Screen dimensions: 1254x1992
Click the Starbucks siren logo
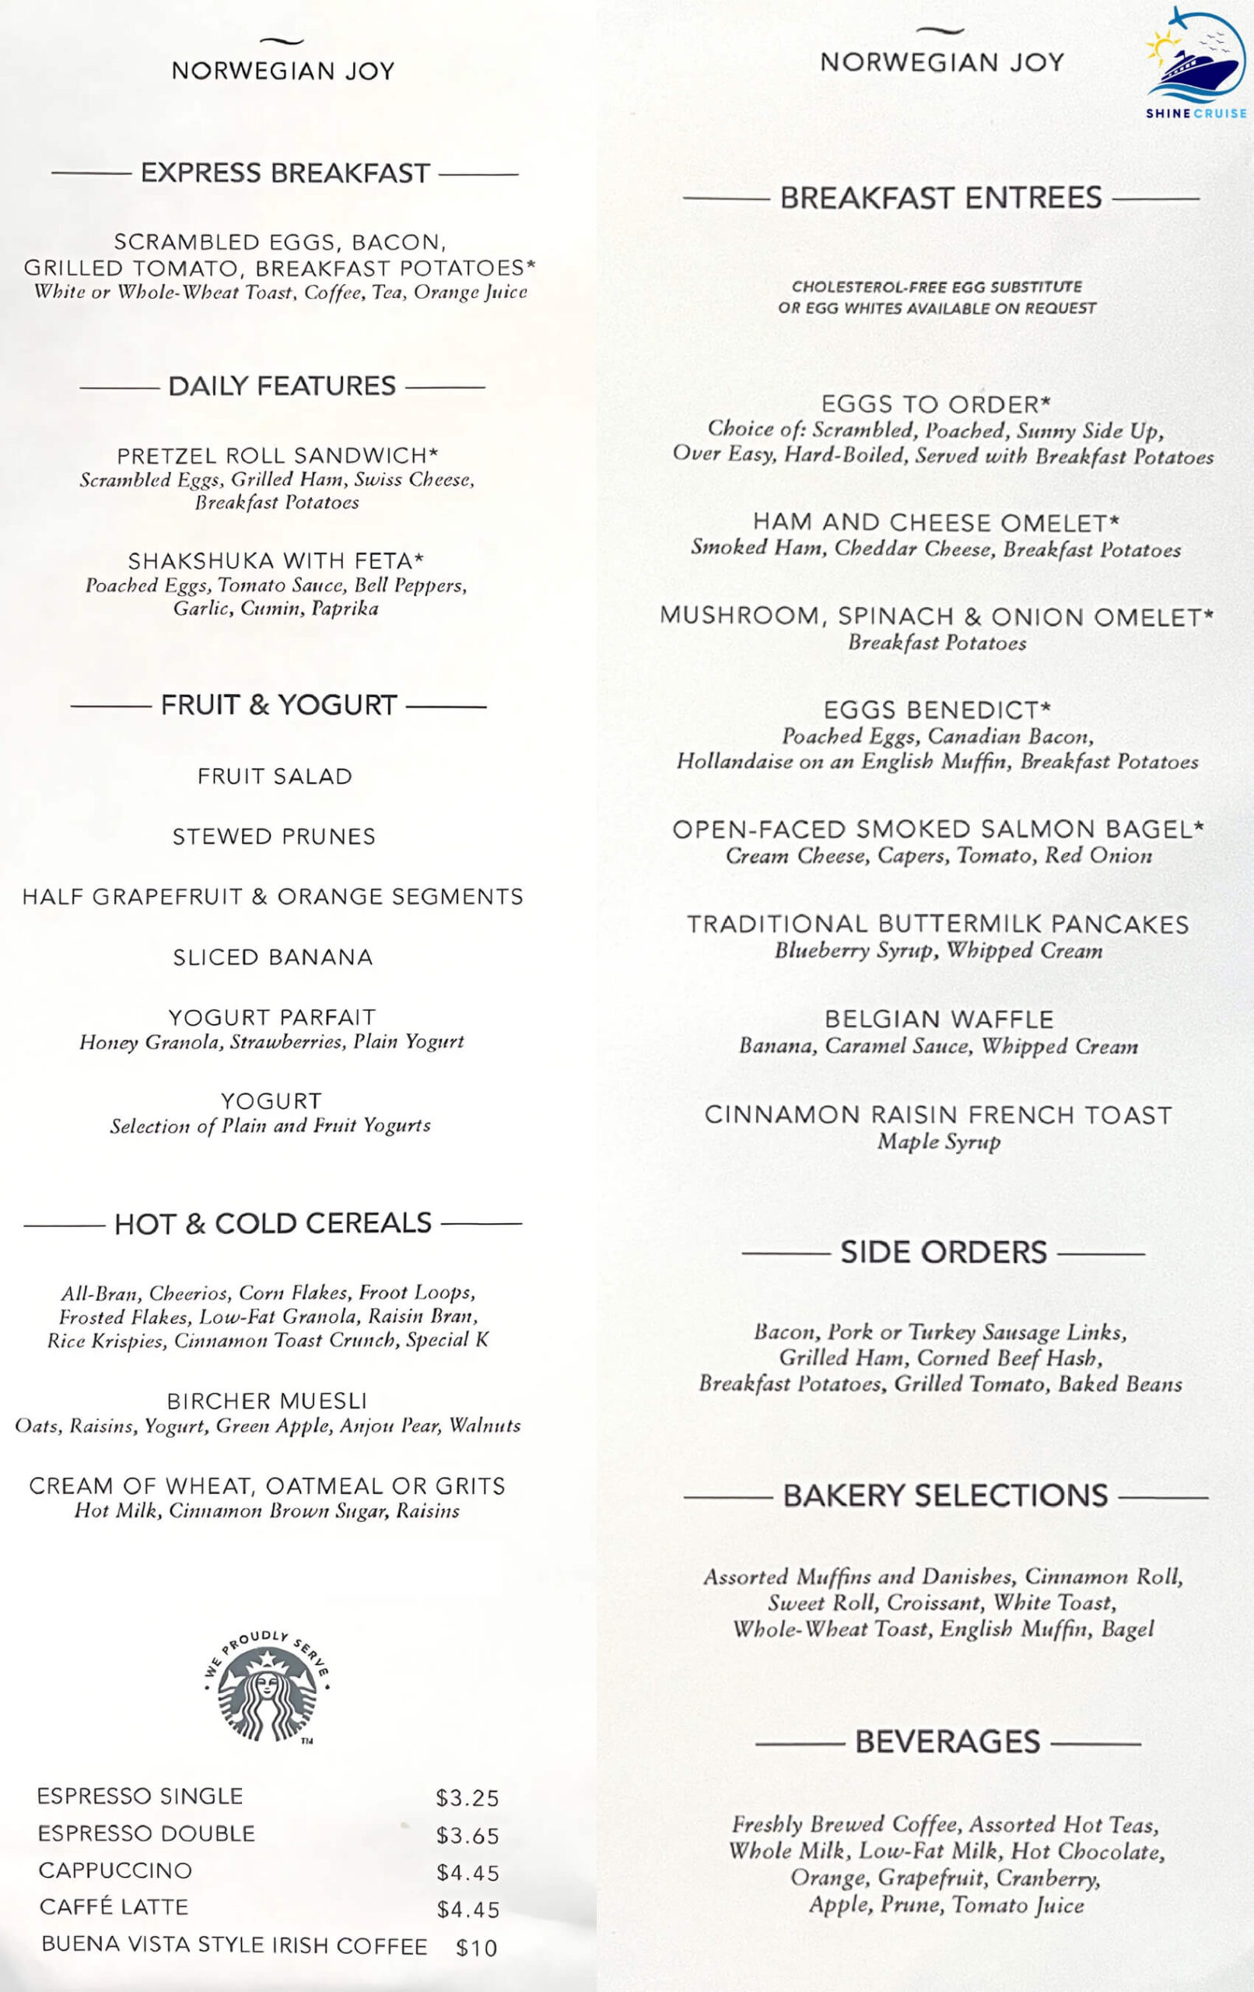[x=266, y=1688]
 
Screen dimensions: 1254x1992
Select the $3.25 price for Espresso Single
[x=468, y=1797]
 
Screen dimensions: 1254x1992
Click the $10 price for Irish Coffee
[x=476, y=1948]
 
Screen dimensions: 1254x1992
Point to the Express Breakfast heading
[x=285, y=173]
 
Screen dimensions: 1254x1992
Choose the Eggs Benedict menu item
[x=937, y=710]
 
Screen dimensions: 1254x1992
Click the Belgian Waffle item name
[x=939, y=1019]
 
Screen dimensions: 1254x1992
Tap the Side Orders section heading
[x=943, y=1253]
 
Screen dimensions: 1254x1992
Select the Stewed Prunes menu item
[x=274, y=836]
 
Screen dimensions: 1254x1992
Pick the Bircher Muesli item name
[x=266, y=1401]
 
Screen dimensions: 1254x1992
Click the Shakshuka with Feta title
[x=275, y=561]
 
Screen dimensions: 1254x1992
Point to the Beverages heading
[x=948, y=1741]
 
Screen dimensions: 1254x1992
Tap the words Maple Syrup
[x=939, y=1142]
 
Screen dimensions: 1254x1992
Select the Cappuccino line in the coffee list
[x=115, y=1871]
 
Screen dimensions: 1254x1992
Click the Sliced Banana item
[x=273, y=957]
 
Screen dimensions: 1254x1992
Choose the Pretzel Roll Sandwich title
[x=277, y=456]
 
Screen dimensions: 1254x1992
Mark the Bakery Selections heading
[x=944, y=1496]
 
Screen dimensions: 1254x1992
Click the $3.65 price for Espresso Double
[x=468, y=1836]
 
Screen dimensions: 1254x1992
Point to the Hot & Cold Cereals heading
[x=273, y=1223]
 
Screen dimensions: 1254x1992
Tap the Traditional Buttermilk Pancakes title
[x=937, y=924]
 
